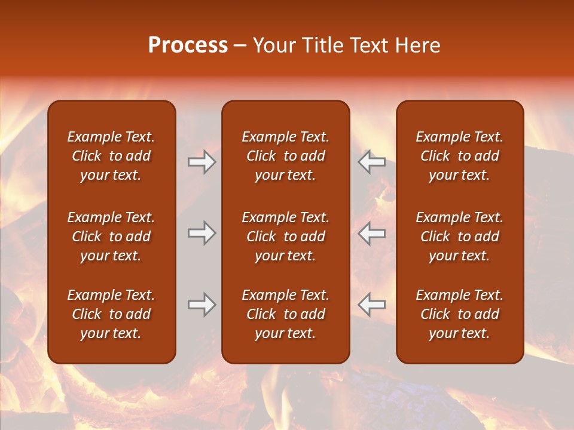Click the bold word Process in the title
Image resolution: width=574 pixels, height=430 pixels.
point(188,45)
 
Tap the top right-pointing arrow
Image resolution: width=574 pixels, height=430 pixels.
point(201,162)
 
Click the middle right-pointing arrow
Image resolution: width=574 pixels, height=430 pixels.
point(201,233)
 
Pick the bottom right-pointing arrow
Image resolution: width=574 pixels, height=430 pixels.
point(201,305)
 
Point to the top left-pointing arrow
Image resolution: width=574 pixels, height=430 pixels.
point(372,162)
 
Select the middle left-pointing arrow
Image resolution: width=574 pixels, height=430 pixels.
point(372,233)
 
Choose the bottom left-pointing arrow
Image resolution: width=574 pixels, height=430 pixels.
point(372,305)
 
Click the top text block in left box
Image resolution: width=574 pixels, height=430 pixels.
point(111,156)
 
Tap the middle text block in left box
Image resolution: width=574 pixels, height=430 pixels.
point(111,236)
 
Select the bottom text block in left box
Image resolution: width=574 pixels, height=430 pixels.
point(111,314)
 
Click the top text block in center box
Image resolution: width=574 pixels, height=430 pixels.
point(285,156)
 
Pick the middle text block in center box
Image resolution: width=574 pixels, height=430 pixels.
point(285,236)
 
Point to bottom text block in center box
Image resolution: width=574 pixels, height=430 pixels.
point(285,314)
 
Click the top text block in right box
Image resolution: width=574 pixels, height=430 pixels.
point(459,156)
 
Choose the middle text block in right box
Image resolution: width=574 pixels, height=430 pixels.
point(459,236)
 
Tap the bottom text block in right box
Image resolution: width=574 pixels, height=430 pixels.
point(459,314)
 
